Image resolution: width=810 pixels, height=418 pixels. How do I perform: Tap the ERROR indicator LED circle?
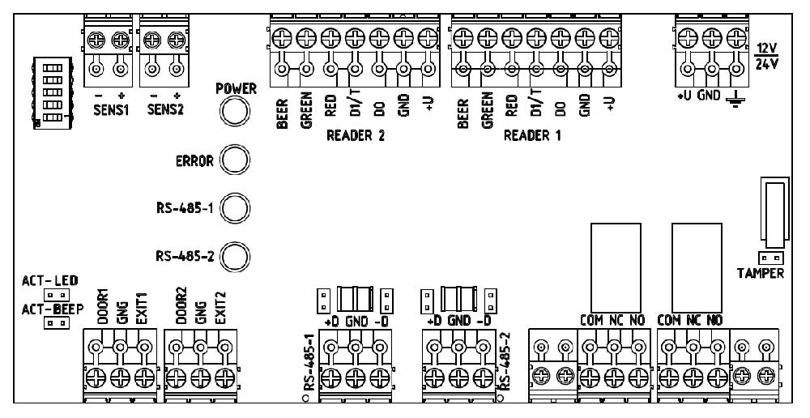(x=234, y=160)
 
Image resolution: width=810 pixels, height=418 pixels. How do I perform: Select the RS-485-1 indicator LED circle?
(x=234, y=208)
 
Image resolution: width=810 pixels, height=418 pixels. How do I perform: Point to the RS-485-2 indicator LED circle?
(x=234, y=257)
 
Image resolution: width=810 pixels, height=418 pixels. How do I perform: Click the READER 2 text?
(x=355, y=136)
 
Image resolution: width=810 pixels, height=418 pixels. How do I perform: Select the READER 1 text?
(x=532, y=136)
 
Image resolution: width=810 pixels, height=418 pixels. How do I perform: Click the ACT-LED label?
(x=50, y=280)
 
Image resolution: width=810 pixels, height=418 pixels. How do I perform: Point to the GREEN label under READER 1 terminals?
(x=487, y=110)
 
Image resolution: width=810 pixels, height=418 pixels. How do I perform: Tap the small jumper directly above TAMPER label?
(x=771, y=258)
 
